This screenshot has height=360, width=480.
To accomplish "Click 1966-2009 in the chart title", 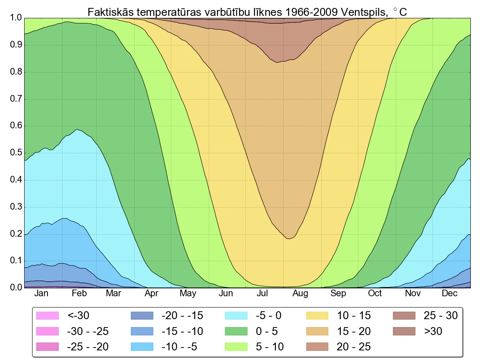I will (312, 12).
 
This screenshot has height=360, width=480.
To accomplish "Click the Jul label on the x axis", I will (262, 294).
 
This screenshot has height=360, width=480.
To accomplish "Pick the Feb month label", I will (79, 294).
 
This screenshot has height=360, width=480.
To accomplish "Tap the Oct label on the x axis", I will (375, 294).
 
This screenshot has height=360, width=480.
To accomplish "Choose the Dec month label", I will (450, 294).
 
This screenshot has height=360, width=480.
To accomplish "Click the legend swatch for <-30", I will (48, 316).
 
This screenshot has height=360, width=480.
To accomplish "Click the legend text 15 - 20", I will (354, 331).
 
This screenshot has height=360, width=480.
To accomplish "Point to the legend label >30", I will (433, 331).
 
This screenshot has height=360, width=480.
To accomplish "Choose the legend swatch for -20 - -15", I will (142, 316).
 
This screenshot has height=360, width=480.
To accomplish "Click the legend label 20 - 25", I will (354, 347).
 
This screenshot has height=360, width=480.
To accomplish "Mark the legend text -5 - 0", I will (268, 316).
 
